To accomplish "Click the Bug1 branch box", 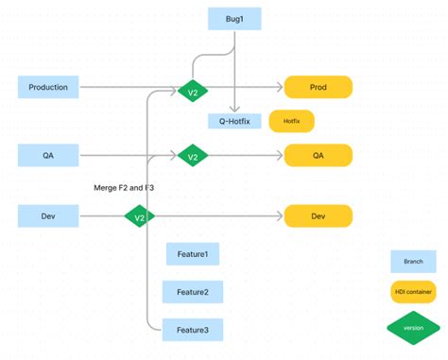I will [233, 18].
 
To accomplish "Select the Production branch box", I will [48, 88].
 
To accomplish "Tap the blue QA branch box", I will [48, 154].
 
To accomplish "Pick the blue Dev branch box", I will [48, 216].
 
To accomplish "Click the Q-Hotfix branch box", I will [233, 121].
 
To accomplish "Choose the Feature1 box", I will [193, 254].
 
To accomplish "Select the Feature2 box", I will [193, 292].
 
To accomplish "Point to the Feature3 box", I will [193, 330].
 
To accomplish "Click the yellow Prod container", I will [318, 88].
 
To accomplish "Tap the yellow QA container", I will [318, 155].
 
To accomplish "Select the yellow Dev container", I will [318, 216].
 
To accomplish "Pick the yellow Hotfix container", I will [291, 121].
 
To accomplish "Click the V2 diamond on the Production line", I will [192, 92].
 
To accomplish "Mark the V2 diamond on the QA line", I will [192, 155].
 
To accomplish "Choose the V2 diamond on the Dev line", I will [139, 217].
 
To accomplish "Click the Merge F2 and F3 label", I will [124, 188].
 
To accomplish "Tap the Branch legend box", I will [413, 261].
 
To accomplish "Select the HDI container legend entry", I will [413, 292].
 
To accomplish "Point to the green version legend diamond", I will [413, 327].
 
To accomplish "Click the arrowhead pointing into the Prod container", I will [280, 88].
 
